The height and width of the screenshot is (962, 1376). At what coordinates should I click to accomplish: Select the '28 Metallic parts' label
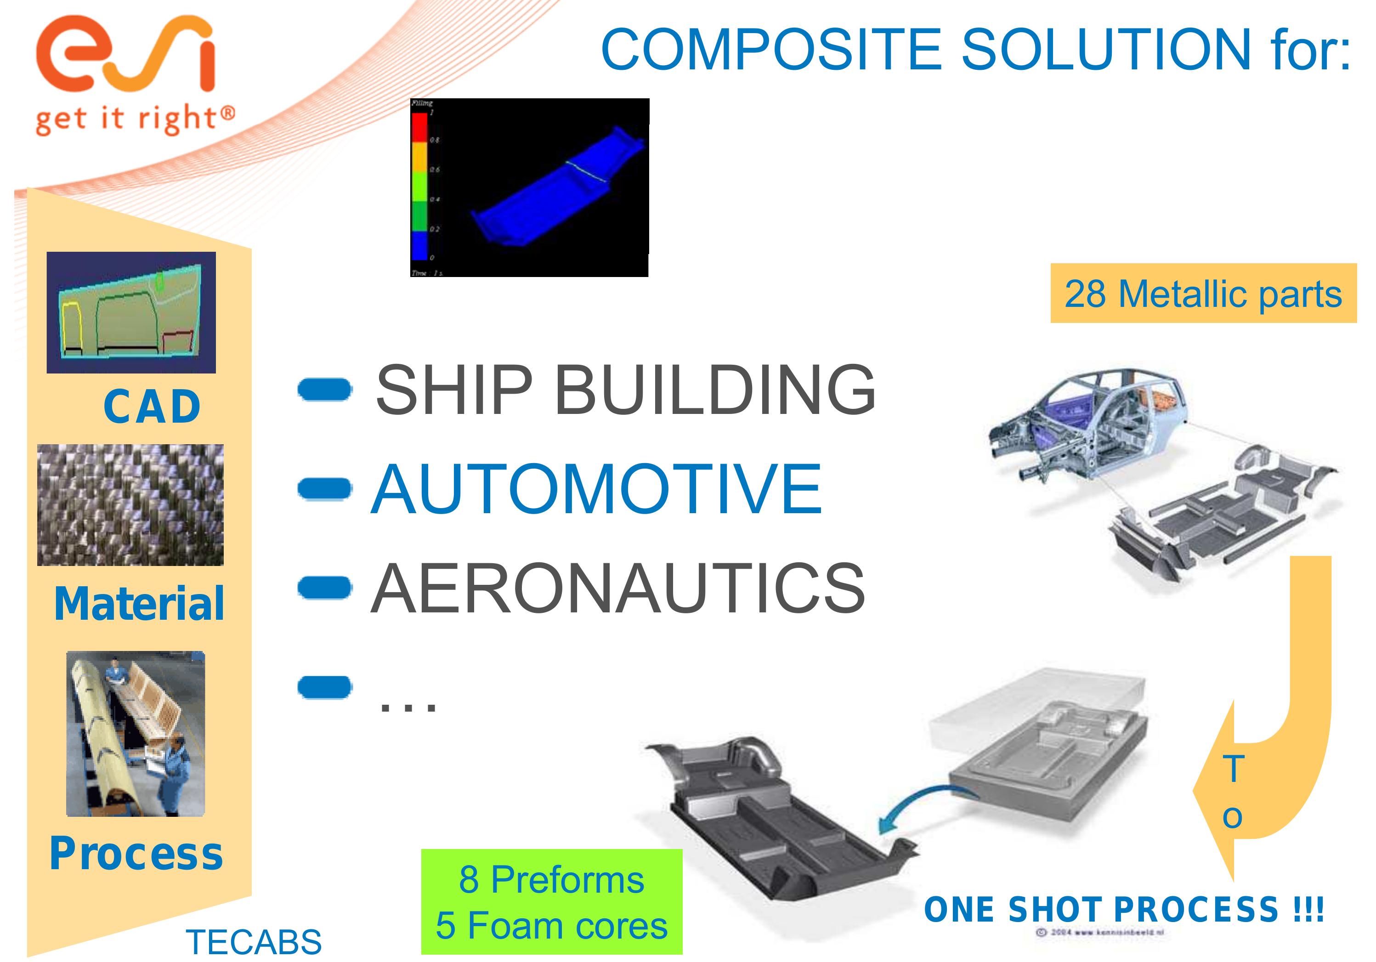point(1203,294)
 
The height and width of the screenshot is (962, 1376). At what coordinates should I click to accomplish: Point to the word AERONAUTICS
point(618,589)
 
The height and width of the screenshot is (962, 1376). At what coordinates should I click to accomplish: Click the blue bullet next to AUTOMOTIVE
point(324,488)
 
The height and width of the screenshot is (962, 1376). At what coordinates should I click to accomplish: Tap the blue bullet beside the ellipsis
point(324,687)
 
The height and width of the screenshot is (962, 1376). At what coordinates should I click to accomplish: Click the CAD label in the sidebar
point(152,407)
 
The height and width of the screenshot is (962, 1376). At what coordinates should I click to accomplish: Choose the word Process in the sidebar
point(136,854)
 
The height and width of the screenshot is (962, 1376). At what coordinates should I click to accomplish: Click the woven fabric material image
point(130,505)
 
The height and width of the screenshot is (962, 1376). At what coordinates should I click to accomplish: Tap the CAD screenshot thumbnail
point(131,312)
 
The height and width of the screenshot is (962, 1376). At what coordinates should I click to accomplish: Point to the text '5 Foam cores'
point(551,926)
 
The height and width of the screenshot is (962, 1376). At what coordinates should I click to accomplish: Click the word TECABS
point(254,942)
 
